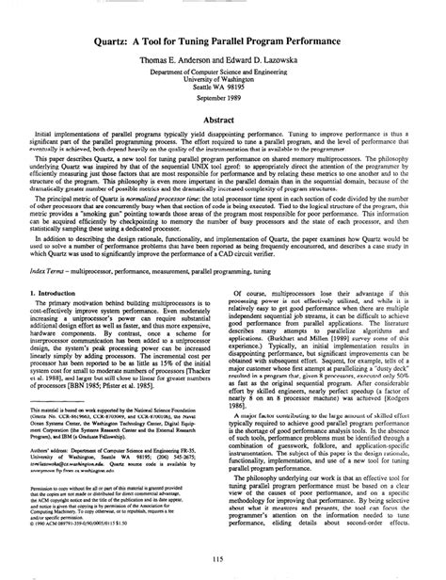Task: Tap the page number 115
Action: tap(222, 562)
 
